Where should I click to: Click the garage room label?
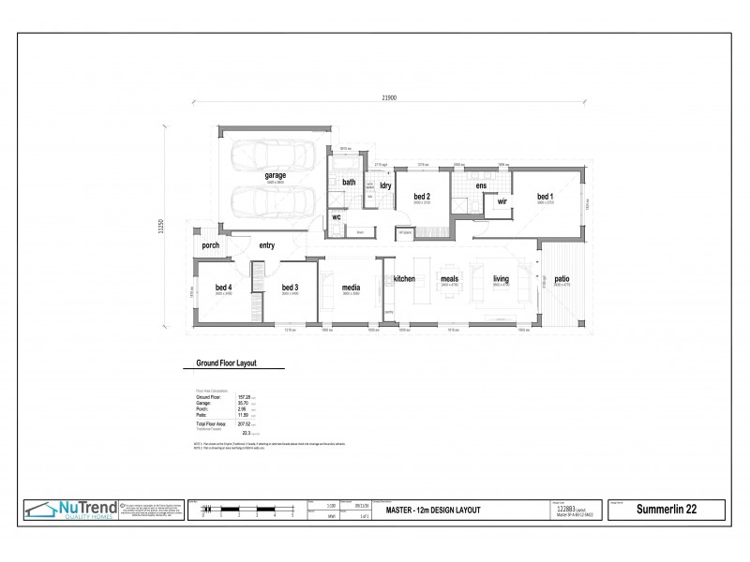pyautogui.click(x=275, y=175)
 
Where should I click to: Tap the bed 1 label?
pyautogui.click(x=545, y=197)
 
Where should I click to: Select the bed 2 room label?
pyautogui.click(x=421, y=197)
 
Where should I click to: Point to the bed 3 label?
pyautogui.click(x=290, y=288)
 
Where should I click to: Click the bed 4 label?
pyautogui.click(x=223, y=288)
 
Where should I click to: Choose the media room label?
pyautogui.click(x=352, y=288)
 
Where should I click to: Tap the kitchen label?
pyautogui.click(x=404, y=279)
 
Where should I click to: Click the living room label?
pyautogui.click(x=501, y=279)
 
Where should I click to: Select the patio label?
pyautogui.click(x=562, y=279)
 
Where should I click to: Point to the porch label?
pyautogui.click(x=210, y=246)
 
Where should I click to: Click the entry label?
pyautogui.click(x=267, y=246)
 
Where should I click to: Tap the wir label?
pyautogui.click(x=502, y=201)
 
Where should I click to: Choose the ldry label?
pyautogui.click(x=385, y=185)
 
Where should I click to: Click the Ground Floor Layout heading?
pyautogui.click(x=226, y=362)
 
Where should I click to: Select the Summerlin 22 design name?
pyautogui.click(x=667, y=510)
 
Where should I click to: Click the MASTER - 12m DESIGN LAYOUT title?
pyautogui.click(x=433, y=510)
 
